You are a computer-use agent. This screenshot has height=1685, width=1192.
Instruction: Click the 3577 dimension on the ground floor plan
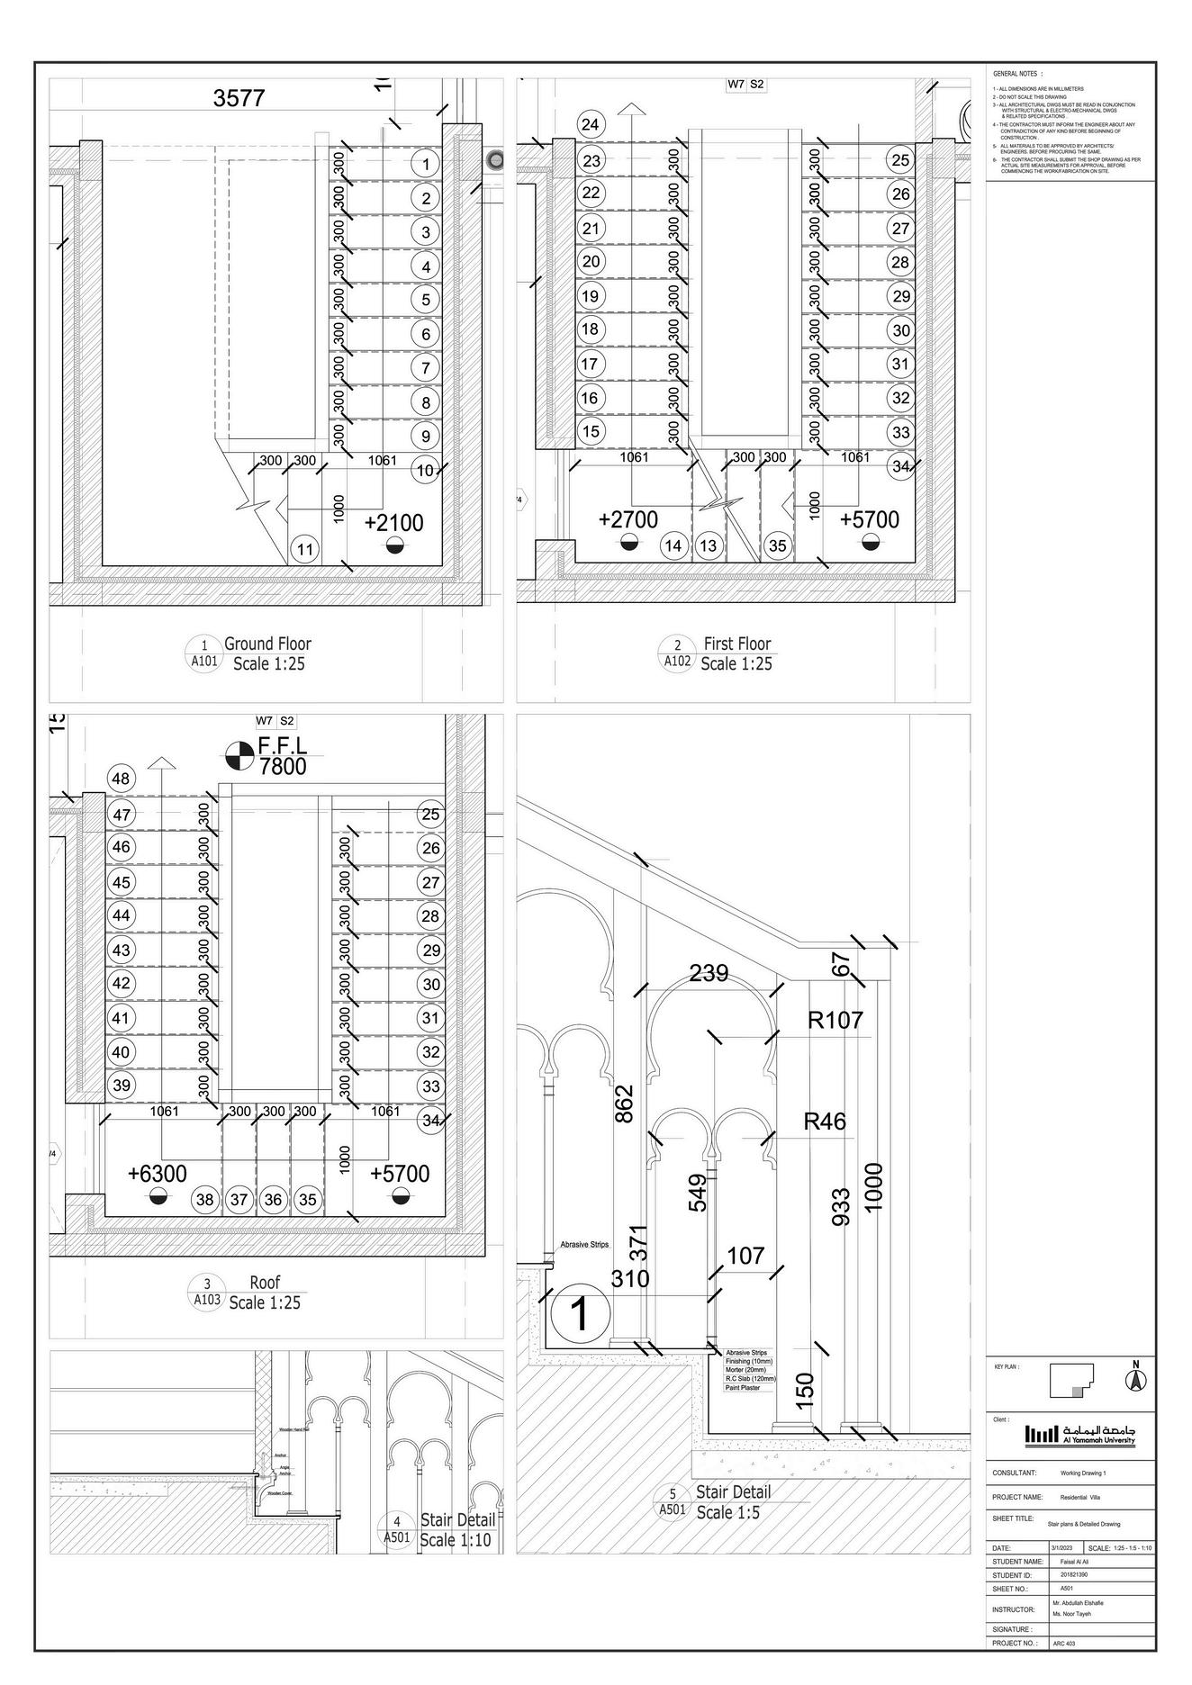pos(239,98)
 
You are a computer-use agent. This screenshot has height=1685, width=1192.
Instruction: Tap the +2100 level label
pos(394,523)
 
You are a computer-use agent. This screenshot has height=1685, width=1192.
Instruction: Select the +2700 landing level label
pos(628,519)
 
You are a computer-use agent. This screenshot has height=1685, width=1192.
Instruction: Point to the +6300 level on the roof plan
pos(158,1174)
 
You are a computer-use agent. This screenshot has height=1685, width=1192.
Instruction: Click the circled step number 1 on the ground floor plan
pos(425,164)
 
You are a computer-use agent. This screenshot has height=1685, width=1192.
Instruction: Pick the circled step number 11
pos(306,550)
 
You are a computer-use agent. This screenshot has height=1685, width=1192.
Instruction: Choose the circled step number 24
pos(591,124)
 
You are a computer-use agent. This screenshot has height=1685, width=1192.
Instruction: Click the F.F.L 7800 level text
pos(282,756)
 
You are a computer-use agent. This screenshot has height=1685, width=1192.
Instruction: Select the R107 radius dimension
pos(835,1020)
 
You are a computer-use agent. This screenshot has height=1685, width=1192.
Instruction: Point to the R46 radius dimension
pos(825,1122)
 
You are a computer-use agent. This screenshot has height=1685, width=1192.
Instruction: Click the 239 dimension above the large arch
pos(709,973)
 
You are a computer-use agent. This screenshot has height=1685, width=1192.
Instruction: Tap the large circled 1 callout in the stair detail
pos(580,1314)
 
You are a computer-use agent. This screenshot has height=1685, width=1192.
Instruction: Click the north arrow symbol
pos(1136,1377)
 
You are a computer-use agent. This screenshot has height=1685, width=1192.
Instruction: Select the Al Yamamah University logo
pos(1080,1434)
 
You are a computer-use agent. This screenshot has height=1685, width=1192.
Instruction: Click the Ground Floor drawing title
pos(267,644)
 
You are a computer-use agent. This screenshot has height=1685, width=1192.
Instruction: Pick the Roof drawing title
pos(265,1282)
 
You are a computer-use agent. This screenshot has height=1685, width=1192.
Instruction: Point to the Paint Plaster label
pos(743,1387)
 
